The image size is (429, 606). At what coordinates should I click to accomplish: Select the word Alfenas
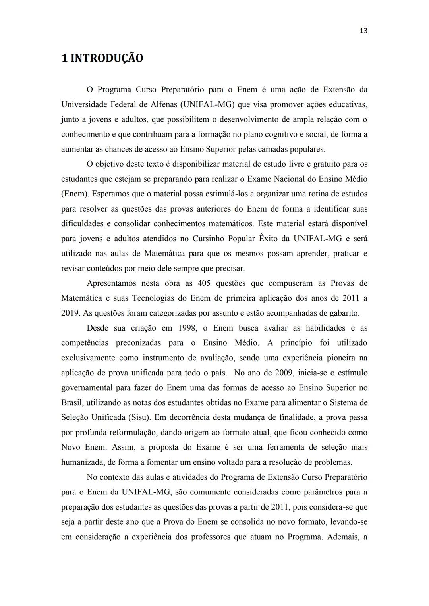[x=164, y=104]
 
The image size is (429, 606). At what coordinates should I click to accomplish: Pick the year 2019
[x=70, y=313]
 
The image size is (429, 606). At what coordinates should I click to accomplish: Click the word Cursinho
[x=208, y=239]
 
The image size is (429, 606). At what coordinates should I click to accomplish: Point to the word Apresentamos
[x=111, y=283]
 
